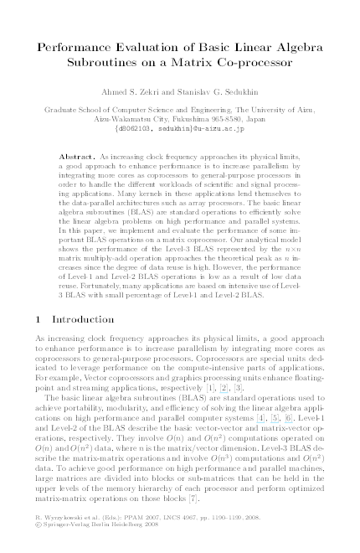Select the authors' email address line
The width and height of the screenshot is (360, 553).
pyautogui.click(x=180, y=129)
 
